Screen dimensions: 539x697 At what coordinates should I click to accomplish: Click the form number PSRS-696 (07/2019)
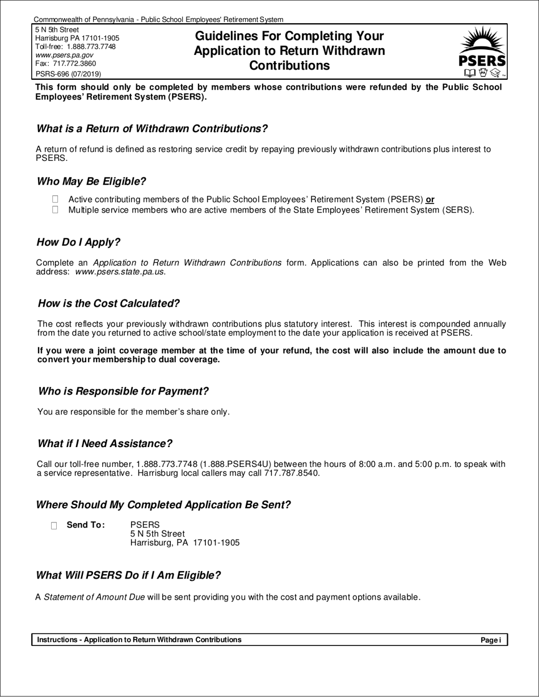pos(69,74)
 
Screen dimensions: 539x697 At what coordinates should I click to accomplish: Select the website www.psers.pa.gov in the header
pos(64,55)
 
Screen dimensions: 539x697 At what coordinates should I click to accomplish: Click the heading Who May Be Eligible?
pos(91,181)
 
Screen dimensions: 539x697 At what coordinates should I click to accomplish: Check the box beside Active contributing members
pos(55,199)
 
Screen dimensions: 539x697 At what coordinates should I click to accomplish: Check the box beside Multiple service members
pos(55,210)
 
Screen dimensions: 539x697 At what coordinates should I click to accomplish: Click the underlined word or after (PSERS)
pos(430,199)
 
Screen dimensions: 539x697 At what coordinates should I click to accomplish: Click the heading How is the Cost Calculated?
pos(109,303)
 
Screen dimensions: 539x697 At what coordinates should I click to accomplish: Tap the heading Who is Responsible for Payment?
pos(123,391)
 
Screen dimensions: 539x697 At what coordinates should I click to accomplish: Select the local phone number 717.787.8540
pos(292,473)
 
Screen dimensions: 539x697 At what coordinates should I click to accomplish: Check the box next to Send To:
pos(54,525)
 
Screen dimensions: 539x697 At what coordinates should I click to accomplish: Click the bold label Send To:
pos(86,525)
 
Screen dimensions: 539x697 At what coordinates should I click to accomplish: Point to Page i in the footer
pos(490,640)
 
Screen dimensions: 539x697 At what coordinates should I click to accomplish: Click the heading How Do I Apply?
pos(78,242)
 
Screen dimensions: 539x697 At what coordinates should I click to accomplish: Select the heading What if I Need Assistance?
pos(104,443)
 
